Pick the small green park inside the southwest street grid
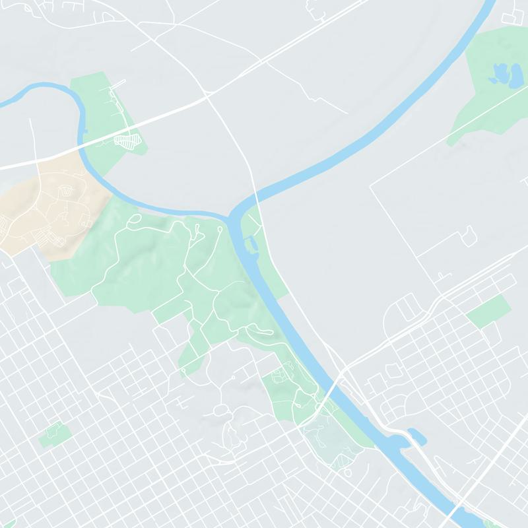click(x=55, y=434)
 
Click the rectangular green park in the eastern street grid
click(x=488, y=311)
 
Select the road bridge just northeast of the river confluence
click(x=257, y=195)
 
